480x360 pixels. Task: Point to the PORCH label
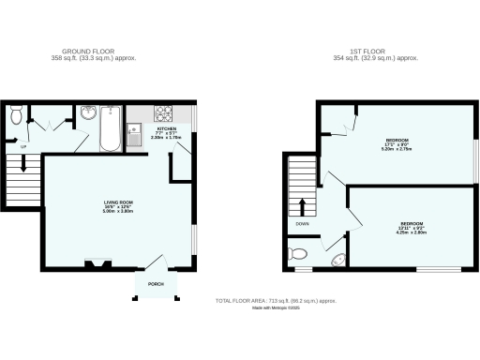(155, 284)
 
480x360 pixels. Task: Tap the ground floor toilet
(15, 115)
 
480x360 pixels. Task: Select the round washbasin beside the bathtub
(88, 114)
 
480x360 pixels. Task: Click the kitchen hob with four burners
(165, 113)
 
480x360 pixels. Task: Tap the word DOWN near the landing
(302, 224)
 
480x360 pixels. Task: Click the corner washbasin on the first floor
(336, 260)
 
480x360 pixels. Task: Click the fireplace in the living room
(96, 263)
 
